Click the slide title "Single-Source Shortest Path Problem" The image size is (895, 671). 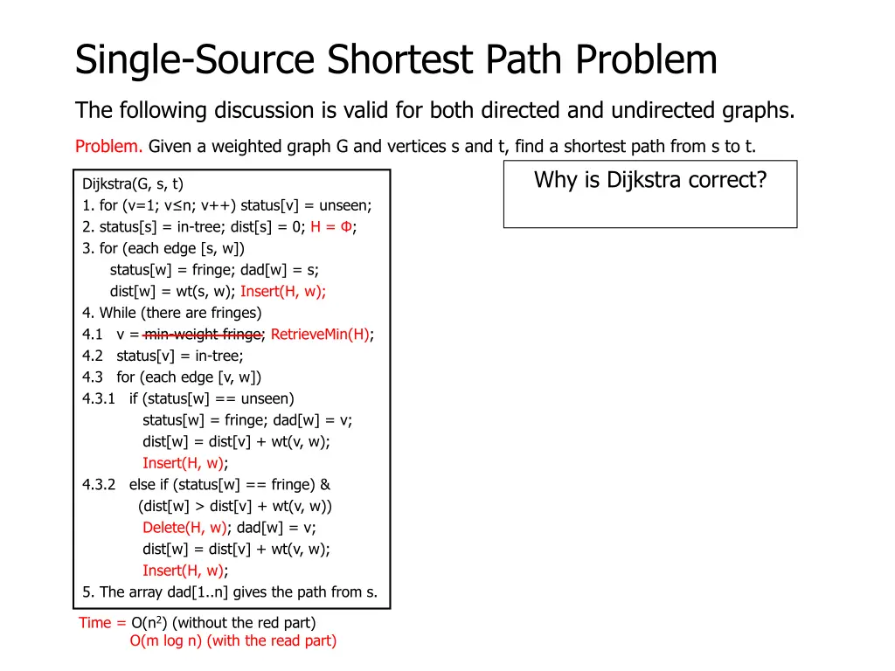click(x=396, y=60)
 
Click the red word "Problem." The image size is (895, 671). click(x=108, y=147)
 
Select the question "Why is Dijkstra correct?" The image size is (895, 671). click(x=649, y=180)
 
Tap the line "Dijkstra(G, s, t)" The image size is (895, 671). click(x=133, y=184)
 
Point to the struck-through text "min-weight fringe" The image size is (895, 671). click(x=203, y=334)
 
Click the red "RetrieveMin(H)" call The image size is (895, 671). click(x=320, y=334)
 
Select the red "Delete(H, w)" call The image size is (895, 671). click(x=184, y=528)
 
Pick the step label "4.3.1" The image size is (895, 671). click(x=99, y=398)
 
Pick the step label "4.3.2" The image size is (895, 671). click(x=99, y=485)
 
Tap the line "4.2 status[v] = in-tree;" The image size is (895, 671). click(x=163, y=356)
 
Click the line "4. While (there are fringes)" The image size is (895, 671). click(x=171, y=313)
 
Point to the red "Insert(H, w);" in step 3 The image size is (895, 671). click(x=283, y=292)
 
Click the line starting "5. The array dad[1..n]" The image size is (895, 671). click(x=230, y=592)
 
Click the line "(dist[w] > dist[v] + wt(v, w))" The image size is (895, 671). click(x=235, y=506)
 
